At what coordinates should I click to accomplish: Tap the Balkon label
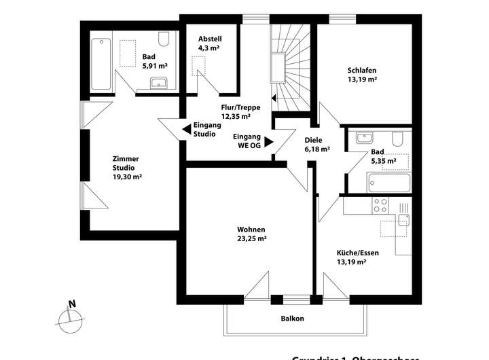292,319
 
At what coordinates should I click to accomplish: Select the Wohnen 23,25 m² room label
251,234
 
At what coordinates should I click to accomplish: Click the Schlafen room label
361,74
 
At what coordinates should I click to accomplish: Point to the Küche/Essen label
357,257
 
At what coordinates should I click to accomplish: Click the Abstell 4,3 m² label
210,43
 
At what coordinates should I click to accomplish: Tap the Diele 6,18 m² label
317,144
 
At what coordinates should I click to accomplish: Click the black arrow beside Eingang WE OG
268,142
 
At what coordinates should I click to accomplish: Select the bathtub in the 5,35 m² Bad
388,183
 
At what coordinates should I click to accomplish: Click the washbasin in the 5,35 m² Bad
361,135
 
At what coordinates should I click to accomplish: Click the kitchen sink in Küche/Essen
403,218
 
